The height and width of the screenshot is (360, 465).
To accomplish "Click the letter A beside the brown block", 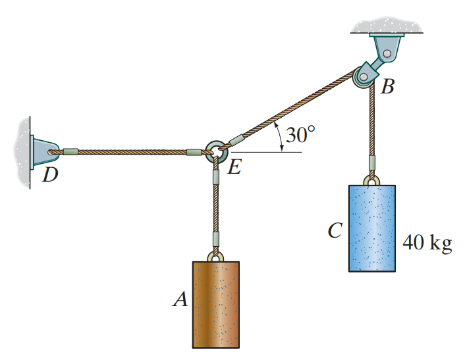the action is pos(180,300).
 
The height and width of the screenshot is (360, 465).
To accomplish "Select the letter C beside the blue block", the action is pos(335,231).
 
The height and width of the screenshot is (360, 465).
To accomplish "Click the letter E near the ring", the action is pos(234,168).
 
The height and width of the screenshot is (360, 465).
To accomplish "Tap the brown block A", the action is pos(215,304).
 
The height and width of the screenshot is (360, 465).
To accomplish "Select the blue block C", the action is pos(372,228).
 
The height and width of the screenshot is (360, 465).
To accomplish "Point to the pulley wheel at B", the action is pos(364,77).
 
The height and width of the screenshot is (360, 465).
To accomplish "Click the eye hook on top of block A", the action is pos(215,255).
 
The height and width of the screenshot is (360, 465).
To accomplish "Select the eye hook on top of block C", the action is pos(372,179).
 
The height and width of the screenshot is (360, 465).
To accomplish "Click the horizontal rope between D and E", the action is pos(132,152).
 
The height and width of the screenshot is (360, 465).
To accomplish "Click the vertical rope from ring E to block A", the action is pos(215,204).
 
